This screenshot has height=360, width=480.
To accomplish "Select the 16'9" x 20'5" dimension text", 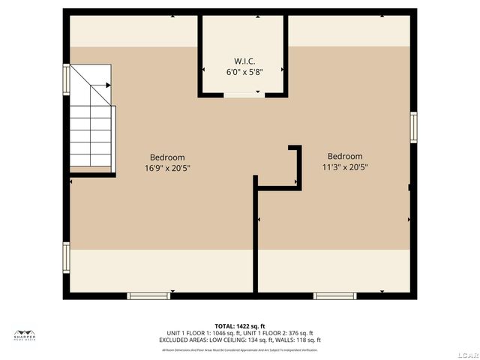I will [x=166, y=167].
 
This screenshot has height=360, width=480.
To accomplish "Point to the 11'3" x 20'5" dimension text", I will [x=345, y=167].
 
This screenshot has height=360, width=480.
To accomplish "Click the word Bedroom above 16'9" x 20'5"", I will [x=166, y=157].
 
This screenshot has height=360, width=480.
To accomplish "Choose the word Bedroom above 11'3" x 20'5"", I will [x=345, y=157].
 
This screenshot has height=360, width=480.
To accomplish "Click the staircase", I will [x=92, y=127].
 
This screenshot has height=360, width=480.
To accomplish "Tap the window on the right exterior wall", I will [x=413, y=126].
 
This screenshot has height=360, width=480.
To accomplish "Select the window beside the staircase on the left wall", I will [x=67, y=78].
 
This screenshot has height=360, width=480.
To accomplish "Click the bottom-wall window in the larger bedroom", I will [x=149, y=296].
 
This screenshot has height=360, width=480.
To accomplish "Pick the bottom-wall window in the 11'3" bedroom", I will [x=334, y=296].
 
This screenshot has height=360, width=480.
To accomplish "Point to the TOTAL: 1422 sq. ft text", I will [x=239, y=326].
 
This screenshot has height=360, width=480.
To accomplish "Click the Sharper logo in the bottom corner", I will [x=25, y=334].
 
